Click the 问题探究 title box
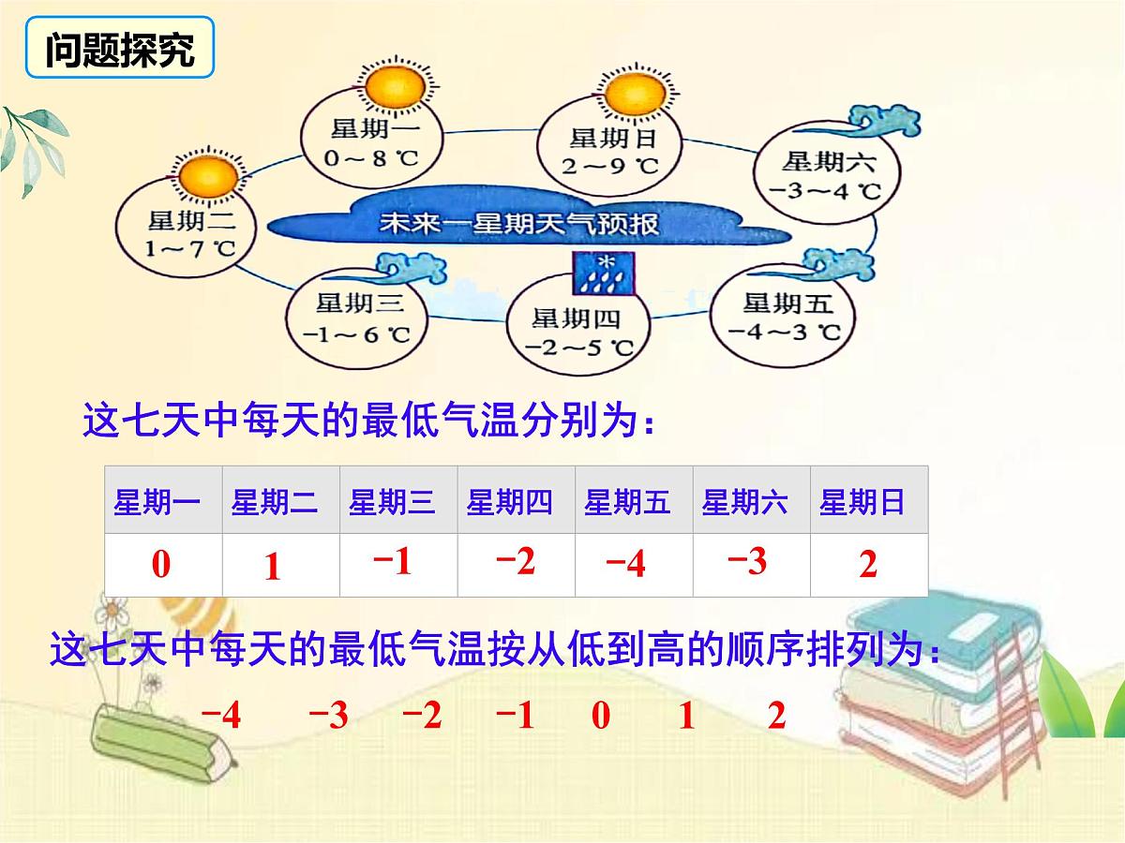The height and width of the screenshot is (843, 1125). point(119,52)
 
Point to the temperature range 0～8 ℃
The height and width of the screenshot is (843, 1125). point(370,158)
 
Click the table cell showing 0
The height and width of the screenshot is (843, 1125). point(162,565)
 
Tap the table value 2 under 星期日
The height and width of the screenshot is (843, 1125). point(868,565)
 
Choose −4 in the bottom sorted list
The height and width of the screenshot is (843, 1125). point(221,717)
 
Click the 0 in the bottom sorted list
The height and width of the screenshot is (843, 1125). point(601,717)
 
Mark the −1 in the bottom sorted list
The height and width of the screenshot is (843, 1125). point(514,717)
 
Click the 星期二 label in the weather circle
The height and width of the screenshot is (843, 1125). point(187,221)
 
